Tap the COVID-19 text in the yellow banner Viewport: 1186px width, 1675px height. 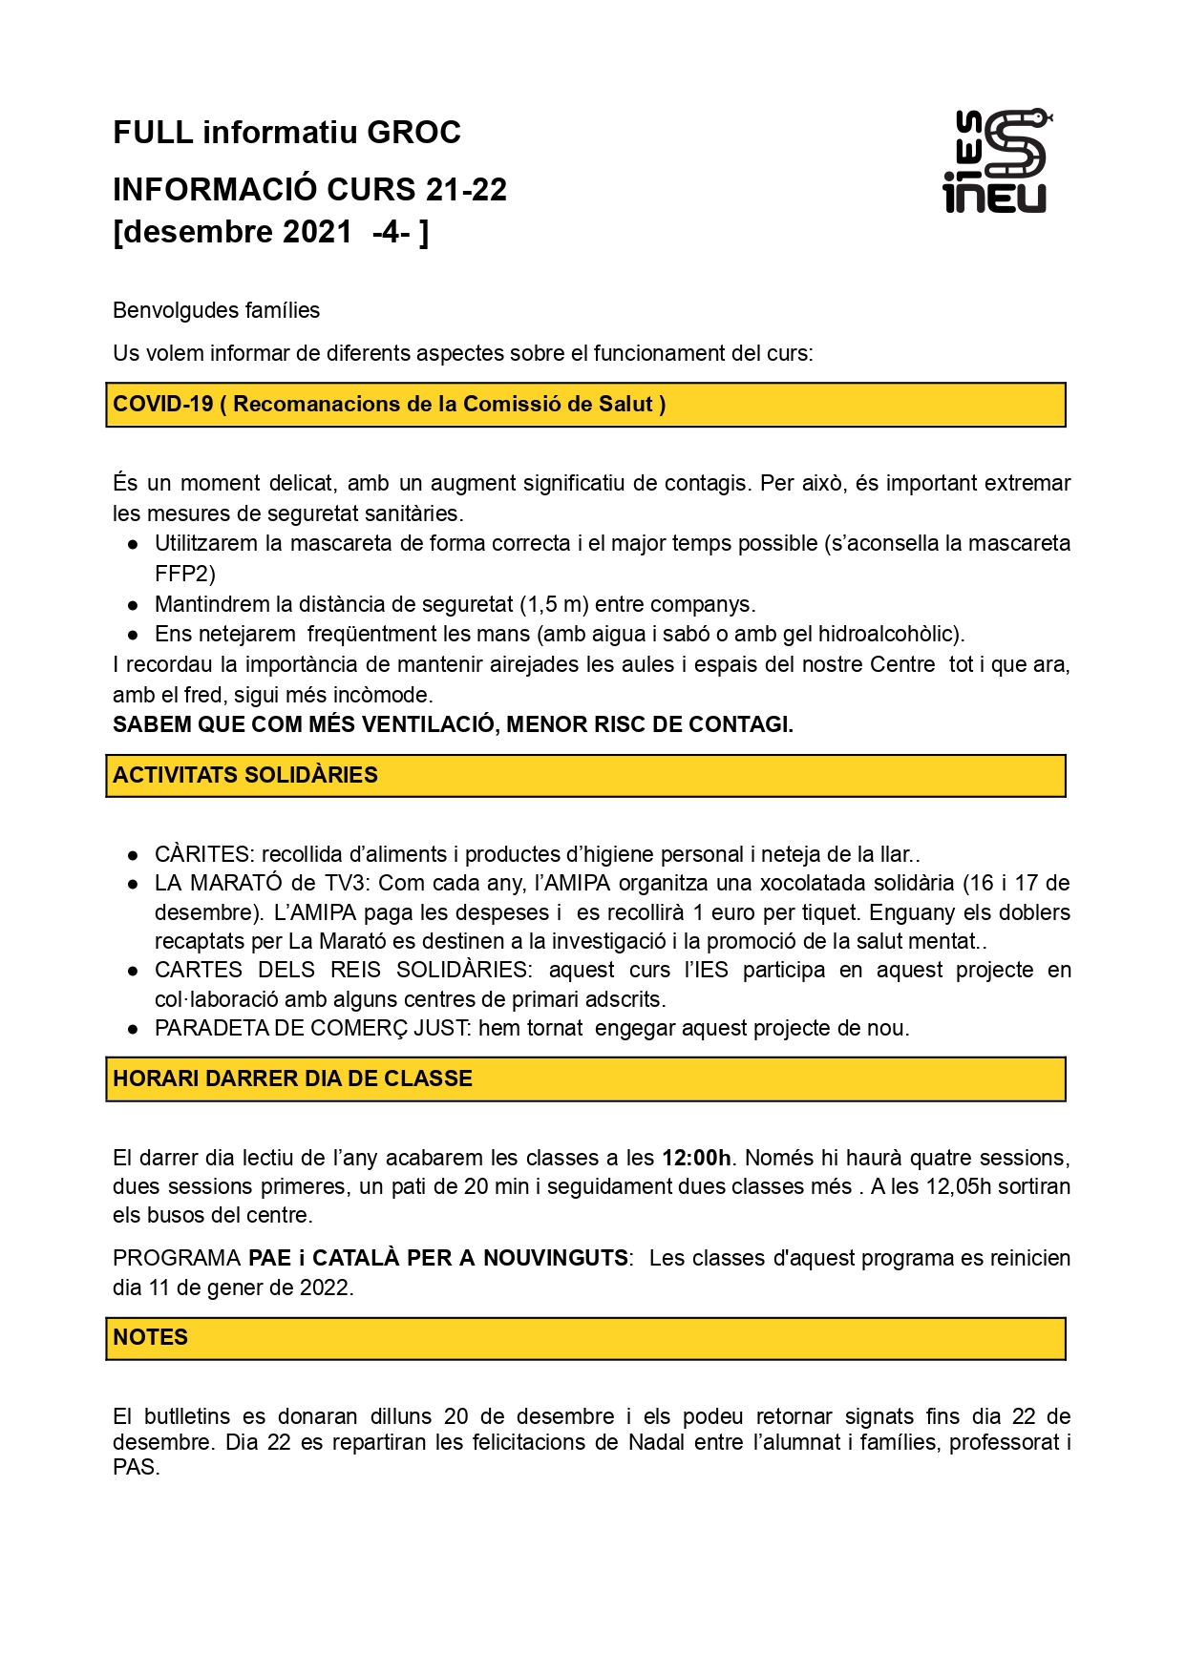coord(163,404)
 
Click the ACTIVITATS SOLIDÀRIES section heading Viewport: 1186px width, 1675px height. coord(245,775)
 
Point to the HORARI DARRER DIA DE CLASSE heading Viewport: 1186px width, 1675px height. coord(292,1078)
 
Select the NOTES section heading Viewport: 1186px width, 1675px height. coord(150,1337)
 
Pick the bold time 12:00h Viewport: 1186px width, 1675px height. coord(696,1158)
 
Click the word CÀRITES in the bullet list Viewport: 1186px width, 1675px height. coord(203,854)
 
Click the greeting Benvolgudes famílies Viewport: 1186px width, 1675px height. coord(216,310)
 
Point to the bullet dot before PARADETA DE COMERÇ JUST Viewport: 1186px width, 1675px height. coord(134,1029)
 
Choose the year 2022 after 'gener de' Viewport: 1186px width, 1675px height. coord(324,1288)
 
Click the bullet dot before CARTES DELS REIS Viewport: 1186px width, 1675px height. coord(134,971)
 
